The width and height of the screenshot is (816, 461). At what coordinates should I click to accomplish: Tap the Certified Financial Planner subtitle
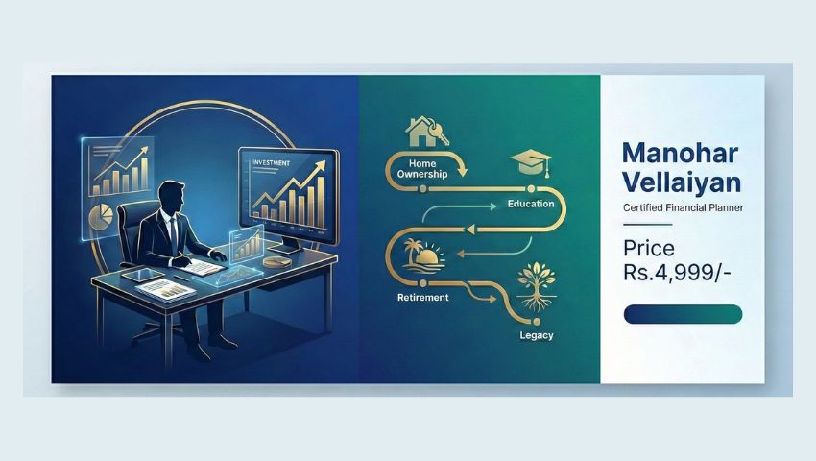click(x=682, y=208)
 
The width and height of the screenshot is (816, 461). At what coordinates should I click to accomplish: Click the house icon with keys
click(x=422, y=130)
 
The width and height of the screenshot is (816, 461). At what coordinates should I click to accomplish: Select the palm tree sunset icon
click(x=420, y=255)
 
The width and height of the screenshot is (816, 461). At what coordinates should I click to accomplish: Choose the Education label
click(x=530, y=204)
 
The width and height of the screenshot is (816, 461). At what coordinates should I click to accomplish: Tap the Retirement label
click(x=422, y=298)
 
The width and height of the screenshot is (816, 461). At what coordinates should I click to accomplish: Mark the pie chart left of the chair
click(x=100, y=217)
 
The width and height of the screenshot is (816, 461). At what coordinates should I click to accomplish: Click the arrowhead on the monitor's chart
click(x=321, y=164)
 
